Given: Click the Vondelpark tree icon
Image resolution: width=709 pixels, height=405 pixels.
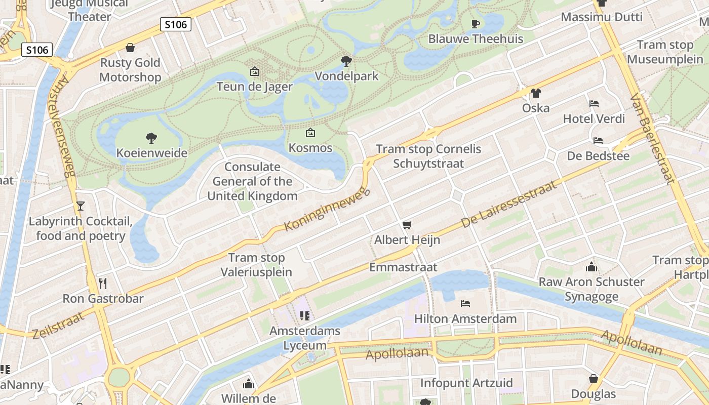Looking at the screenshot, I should point(346,61).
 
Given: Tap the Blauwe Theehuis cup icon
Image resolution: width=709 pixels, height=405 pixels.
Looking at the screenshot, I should point(475,24).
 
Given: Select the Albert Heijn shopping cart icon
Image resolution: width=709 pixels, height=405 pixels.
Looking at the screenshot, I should point(407,225).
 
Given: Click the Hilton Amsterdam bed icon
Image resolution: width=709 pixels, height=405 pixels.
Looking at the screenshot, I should point(465,304).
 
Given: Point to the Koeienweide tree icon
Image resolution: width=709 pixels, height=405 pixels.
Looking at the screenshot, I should point(151,138).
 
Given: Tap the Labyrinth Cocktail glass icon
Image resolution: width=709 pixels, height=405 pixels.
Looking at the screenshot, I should point(80,206).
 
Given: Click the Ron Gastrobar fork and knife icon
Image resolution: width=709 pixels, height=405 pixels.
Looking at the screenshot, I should point(103,283).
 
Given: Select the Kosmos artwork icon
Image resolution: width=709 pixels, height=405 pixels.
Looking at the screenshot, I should point(310,133).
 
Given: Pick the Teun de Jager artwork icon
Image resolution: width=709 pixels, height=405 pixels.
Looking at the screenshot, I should point(255,71).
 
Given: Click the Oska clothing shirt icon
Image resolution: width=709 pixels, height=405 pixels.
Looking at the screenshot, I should point(536,93).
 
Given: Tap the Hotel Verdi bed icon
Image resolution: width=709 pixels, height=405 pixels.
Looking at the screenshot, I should point(594,104).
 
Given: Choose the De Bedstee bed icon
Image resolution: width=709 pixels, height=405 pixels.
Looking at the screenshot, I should point(598,140).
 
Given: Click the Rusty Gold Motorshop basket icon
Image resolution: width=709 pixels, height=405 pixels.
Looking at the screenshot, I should point(130,48).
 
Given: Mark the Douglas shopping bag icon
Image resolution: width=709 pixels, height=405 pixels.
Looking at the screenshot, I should point(594,379).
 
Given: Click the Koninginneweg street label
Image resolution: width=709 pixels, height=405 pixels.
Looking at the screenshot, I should point(327,210).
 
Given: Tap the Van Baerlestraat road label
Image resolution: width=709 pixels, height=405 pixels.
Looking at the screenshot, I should point(652,138).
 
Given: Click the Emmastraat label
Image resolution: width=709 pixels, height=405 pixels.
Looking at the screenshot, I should point(403,267).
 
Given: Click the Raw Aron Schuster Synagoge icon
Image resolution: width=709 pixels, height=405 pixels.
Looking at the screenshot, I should point(591,267).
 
